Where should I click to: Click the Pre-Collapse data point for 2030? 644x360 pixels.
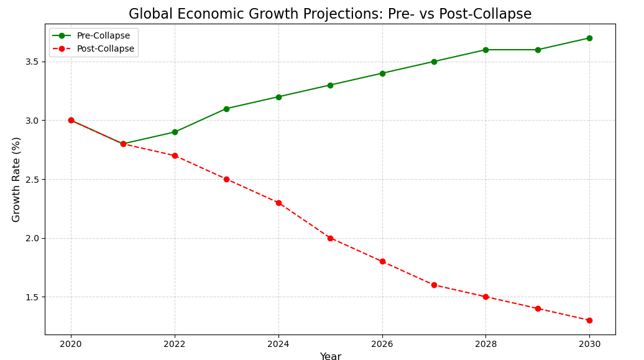589,38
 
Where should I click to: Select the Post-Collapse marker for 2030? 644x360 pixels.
589,320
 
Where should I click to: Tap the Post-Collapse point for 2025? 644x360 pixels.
330,238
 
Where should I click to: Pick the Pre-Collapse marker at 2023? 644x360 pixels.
226,109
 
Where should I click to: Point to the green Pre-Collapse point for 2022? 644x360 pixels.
175,132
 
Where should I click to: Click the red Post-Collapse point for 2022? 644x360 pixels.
175,155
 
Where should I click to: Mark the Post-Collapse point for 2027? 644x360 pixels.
434,285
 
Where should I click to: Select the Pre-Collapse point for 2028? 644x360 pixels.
485,50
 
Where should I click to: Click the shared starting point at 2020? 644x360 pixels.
71,120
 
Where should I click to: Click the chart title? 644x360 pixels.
330,14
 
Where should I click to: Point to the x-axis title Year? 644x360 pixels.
330,356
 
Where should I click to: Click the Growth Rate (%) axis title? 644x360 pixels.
16,179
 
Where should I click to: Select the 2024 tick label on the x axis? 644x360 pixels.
278,344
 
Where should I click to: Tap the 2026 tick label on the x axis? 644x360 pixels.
382,344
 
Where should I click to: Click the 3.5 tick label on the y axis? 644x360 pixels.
32,62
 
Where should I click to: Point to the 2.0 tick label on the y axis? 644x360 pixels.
32,238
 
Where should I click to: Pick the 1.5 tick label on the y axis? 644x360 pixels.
32,297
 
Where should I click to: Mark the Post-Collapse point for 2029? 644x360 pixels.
538,308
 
